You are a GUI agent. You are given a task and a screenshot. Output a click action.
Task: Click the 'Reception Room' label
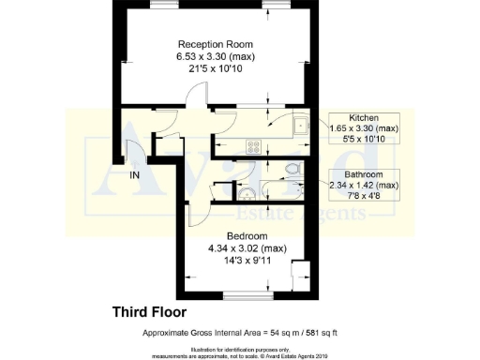(216, 44)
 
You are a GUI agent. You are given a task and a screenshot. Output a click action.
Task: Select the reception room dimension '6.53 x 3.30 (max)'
(216, 57)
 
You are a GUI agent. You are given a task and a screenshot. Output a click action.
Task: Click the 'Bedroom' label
(247, 234)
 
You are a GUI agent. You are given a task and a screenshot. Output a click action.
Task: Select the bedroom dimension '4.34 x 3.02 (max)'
(247, 247)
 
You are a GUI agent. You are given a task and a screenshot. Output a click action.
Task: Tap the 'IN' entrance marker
(136, 175)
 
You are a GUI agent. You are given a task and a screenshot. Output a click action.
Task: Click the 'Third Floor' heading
(150, 310)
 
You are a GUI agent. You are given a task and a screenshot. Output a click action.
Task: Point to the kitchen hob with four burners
(252, 145)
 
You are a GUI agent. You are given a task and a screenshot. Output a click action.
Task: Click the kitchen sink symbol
(301, 125)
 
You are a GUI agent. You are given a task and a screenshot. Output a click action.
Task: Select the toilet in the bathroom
(293, 169)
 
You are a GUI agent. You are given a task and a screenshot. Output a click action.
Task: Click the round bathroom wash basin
(246, 192)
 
